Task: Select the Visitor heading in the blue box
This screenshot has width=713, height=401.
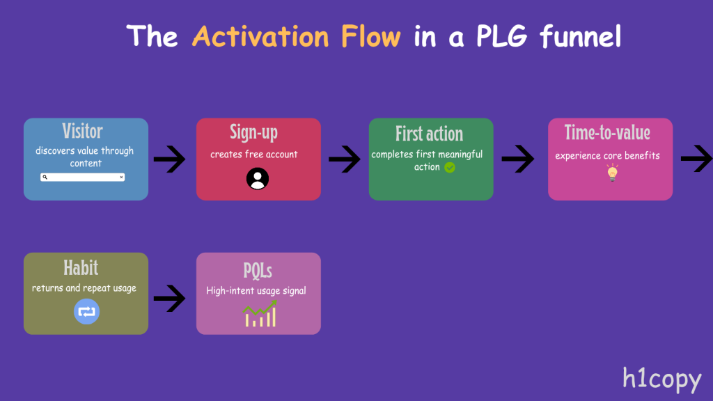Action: pos(82,132)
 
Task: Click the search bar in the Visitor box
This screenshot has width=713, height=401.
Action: pos(82,178)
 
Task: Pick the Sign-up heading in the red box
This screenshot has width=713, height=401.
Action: pos(254,133)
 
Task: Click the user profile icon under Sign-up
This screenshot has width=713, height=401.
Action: pos(258,179)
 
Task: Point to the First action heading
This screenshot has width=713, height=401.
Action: pos(429,134)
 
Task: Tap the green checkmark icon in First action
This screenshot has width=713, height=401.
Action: pos(450,167)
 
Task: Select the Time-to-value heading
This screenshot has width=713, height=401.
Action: pos(607,133)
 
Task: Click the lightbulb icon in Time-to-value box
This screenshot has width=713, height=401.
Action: pos(612,173)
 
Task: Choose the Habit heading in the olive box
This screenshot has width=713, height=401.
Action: pos(81,267)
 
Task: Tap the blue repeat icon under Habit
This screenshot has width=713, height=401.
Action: pos(86,311)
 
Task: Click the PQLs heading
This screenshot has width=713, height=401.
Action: pos(258,269)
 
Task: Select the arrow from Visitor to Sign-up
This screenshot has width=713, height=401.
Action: pos(169,160)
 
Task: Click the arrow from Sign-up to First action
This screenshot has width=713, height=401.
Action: pos(344,160)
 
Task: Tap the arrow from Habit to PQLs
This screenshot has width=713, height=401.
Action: pos(169,299)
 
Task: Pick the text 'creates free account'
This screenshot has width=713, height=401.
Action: pos(254,155)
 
